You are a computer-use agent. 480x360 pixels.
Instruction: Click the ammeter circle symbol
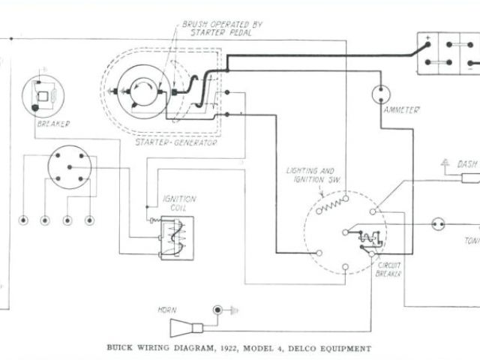click(382, 94)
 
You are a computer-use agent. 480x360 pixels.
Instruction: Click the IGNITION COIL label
click(180, 202)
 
